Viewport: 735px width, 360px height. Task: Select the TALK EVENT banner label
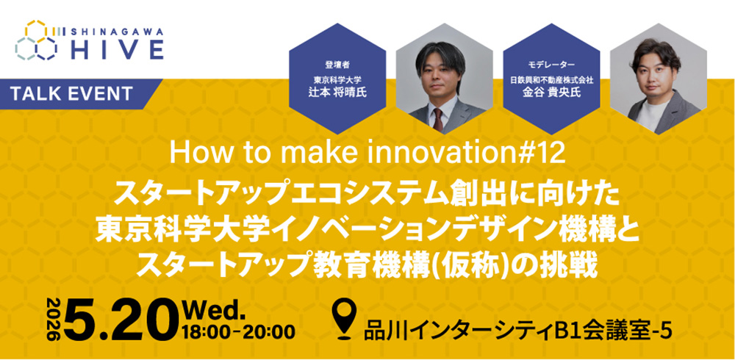[72, 93]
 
